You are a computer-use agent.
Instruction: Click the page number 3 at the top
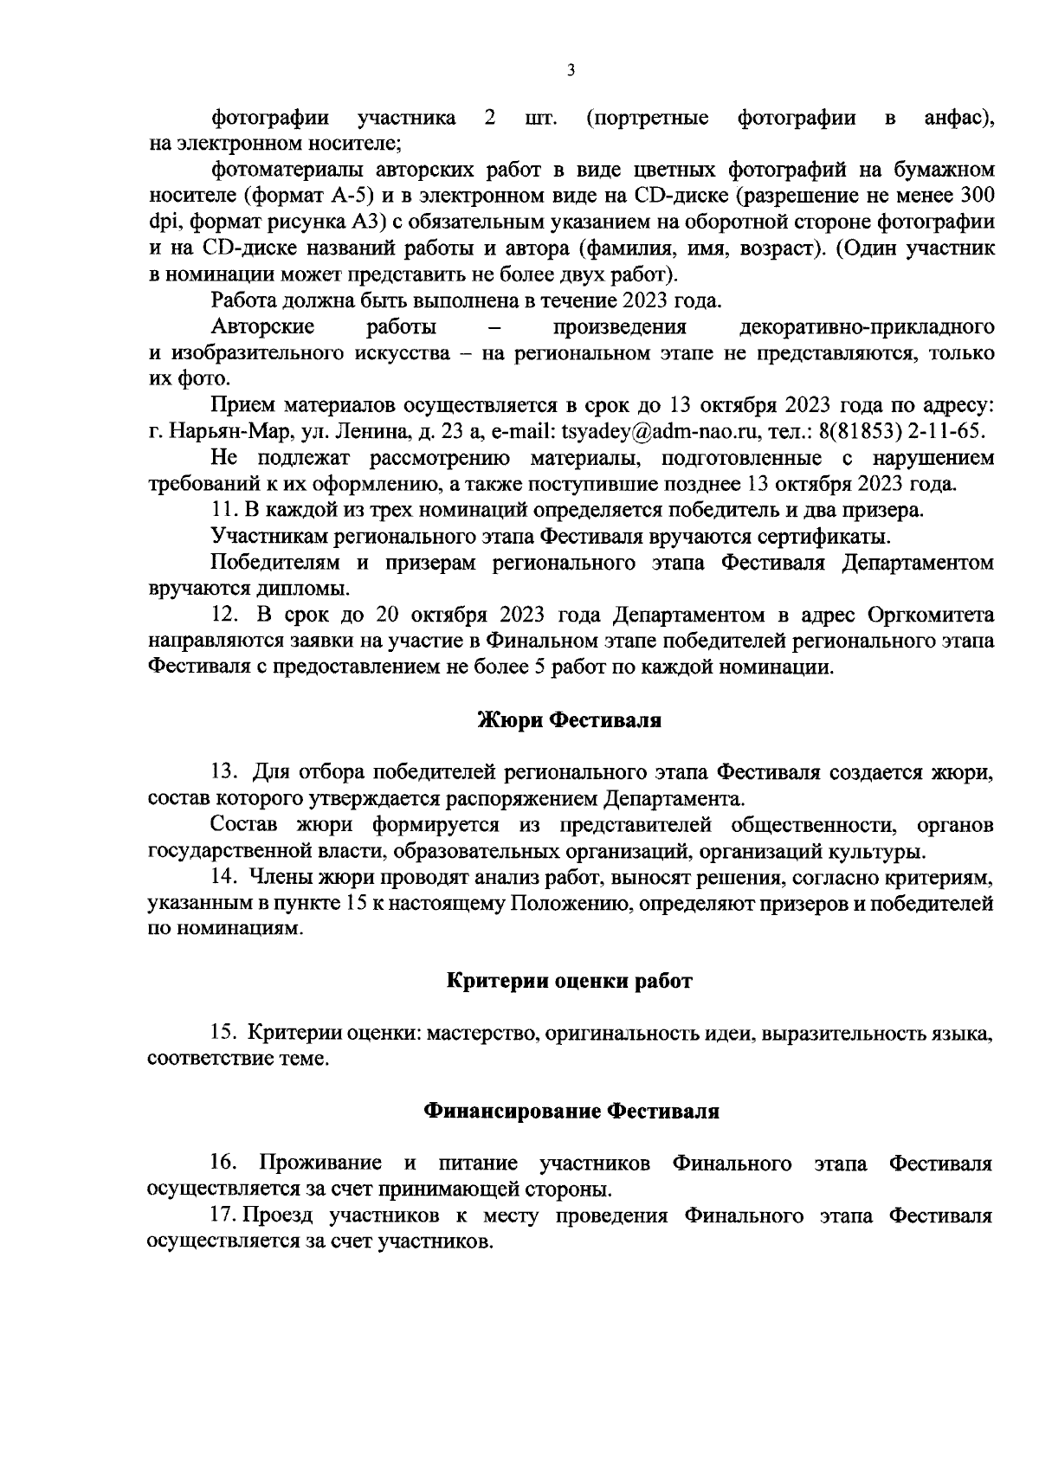click(571, 71)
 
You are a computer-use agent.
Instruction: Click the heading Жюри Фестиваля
click(570, 720)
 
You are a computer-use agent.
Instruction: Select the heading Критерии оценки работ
click(570, 981)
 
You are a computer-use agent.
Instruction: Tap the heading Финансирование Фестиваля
click(571, 1111)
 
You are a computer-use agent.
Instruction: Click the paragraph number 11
click(223, 510)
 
